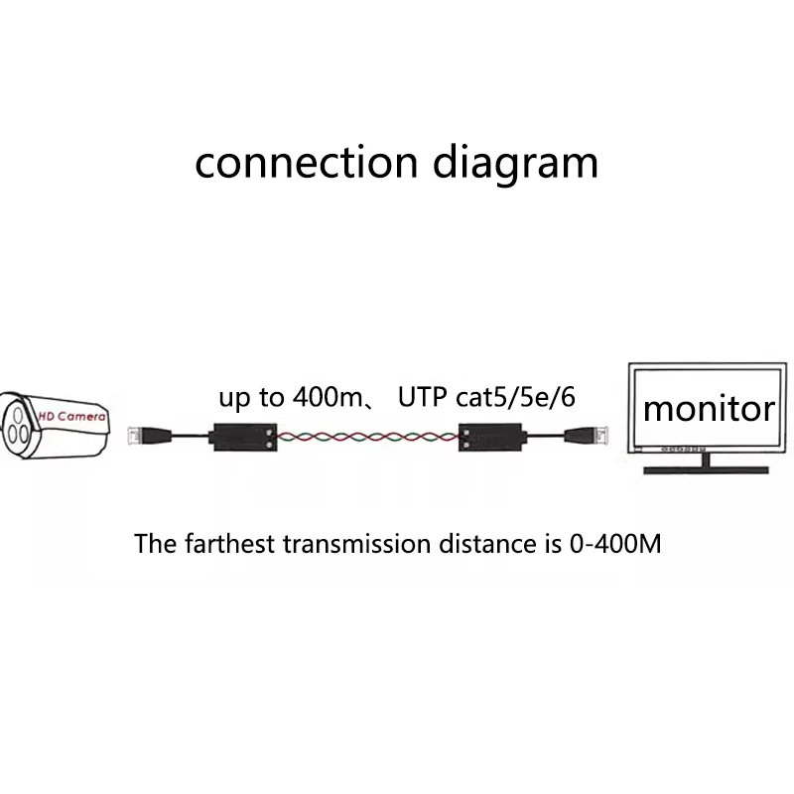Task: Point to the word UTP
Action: point(419,398)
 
